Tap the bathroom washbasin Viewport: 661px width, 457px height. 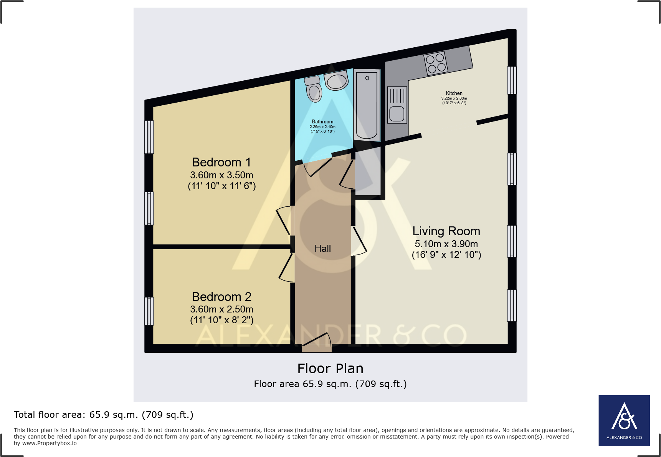click(x=336, y=81)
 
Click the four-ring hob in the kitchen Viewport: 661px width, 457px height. click(x=436, y=63)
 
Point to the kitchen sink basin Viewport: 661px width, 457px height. click(x=397, y=114)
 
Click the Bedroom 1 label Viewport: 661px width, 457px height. click(x=221, y=162)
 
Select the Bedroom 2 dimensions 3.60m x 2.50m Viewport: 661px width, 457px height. click(x=221, y=309)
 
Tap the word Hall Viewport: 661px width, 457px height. click(x=322, y=249)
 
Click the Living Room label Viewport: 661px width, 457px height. click(x=446, y=231)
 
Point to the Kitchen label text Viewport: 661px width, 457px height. click(x=454, y=93)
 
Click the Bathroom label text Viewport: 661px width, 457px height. click(x=322, y=121)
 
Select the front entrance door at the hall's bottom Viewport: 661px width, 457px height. click(x=317, y=343)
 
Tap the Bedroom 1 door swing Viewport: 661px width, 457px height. click(x=283, y=221)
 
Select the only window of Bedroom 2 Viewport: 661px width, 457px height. click(x=149, y=311)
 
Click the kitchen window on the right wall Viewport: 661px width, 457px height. click(x=512, y=80)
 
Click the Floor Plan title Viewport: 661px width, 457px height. click(x=330, y=369)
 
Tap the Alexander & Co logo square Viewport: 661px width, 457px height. click(x=624, y=420)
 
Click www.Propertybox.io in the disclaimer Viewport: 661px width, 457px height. click(x=50, y=443)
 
